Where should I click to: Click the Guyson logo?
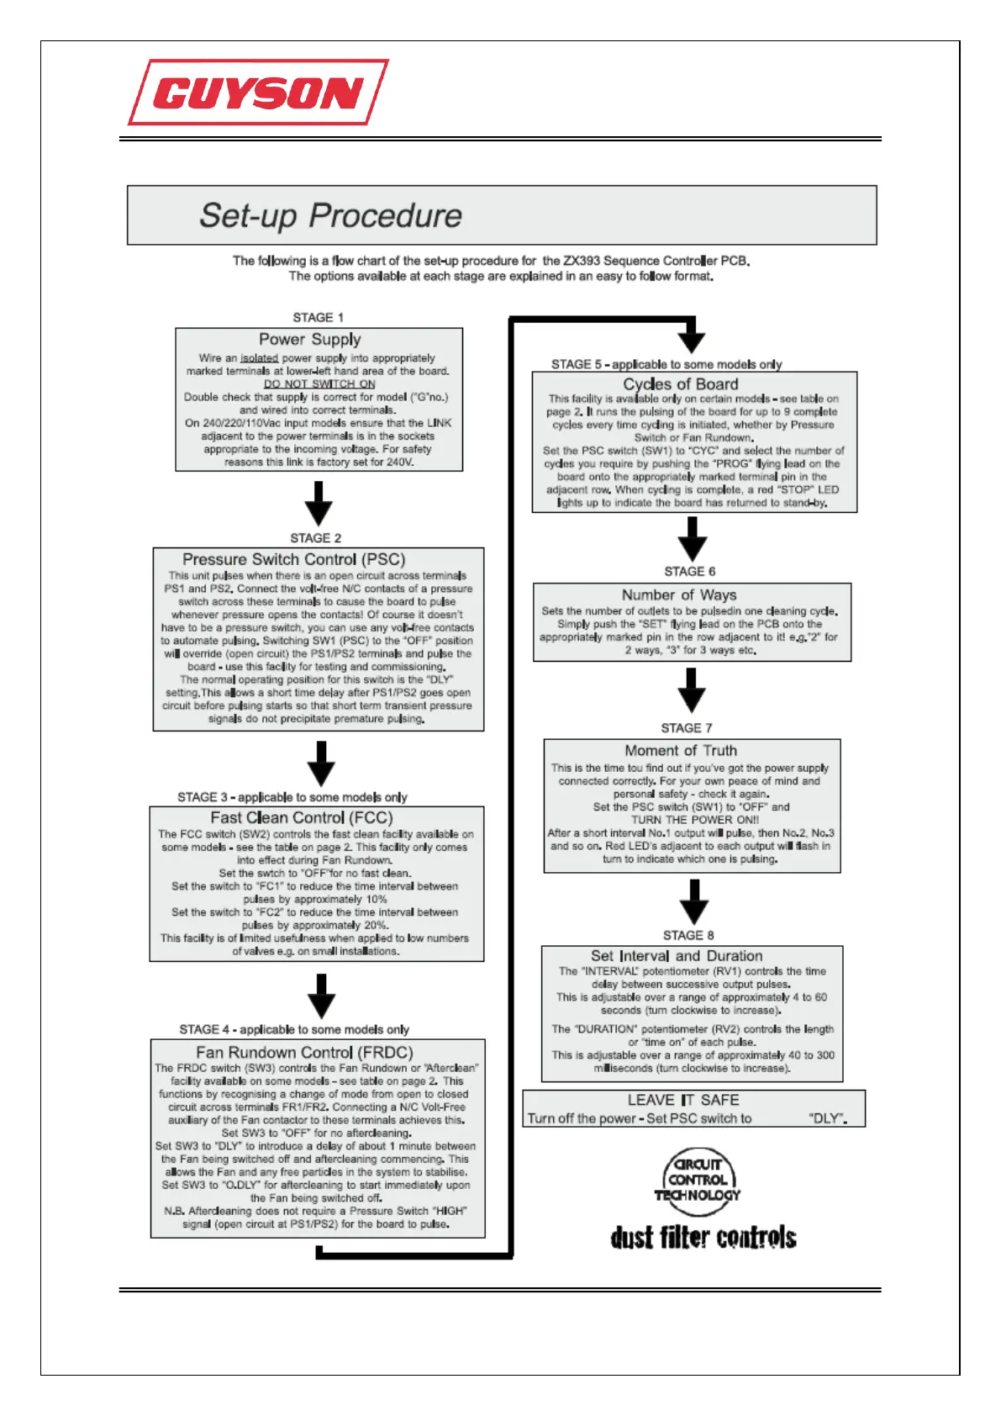(x=258, y=92)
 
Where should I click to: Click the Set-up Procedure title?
(x=330, y=216)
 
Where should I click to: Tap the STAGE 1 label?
(x=318, y=317)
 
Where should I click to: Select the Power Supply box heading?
(x=310, y=339)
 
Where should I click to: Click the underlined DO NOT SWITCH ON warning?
(x=319, y=384)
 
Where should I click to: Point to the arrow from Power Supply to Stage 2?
(x=319, y=504)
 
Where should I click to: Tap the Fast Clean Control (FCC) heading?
(x=301, y=817)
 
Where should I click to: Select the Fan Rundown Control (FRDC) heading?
(x=304, y=1052)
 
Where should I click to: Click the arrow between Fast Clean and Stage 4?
(x=321, y=996)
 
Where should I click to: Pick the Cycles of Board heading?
(x=681, y=384)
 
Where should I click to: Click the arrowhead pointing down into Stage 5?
(x=691, y=340)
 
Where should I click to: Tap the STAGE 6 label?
(x=690, y=571)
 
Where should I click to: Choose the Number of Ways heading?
(x=679, y=594)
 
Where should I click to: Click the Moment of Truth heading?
(x=681, y=750)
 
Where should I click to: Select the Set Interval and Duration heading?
(x=677, y=956)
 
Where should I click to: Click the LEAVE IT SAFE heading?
(x=683, y=1100)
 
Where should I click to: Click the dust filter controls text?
(x=703, y=1238)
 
